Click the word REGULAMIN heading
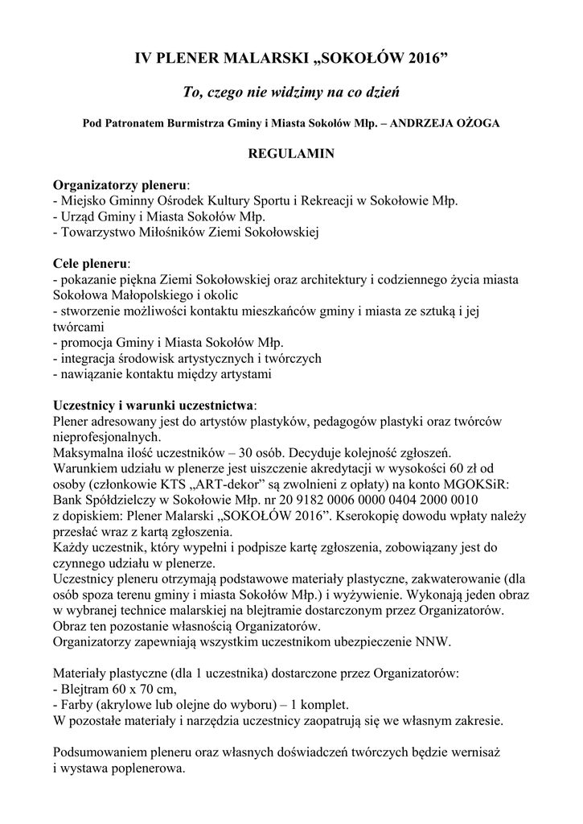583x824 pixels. tap(290, 153)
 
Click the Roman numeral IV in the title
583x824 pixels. tap(142, 60)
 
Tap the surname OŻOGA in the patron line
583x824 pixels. tap(474, 124)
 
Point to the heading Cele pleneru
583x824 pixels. tap(90, 263)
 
